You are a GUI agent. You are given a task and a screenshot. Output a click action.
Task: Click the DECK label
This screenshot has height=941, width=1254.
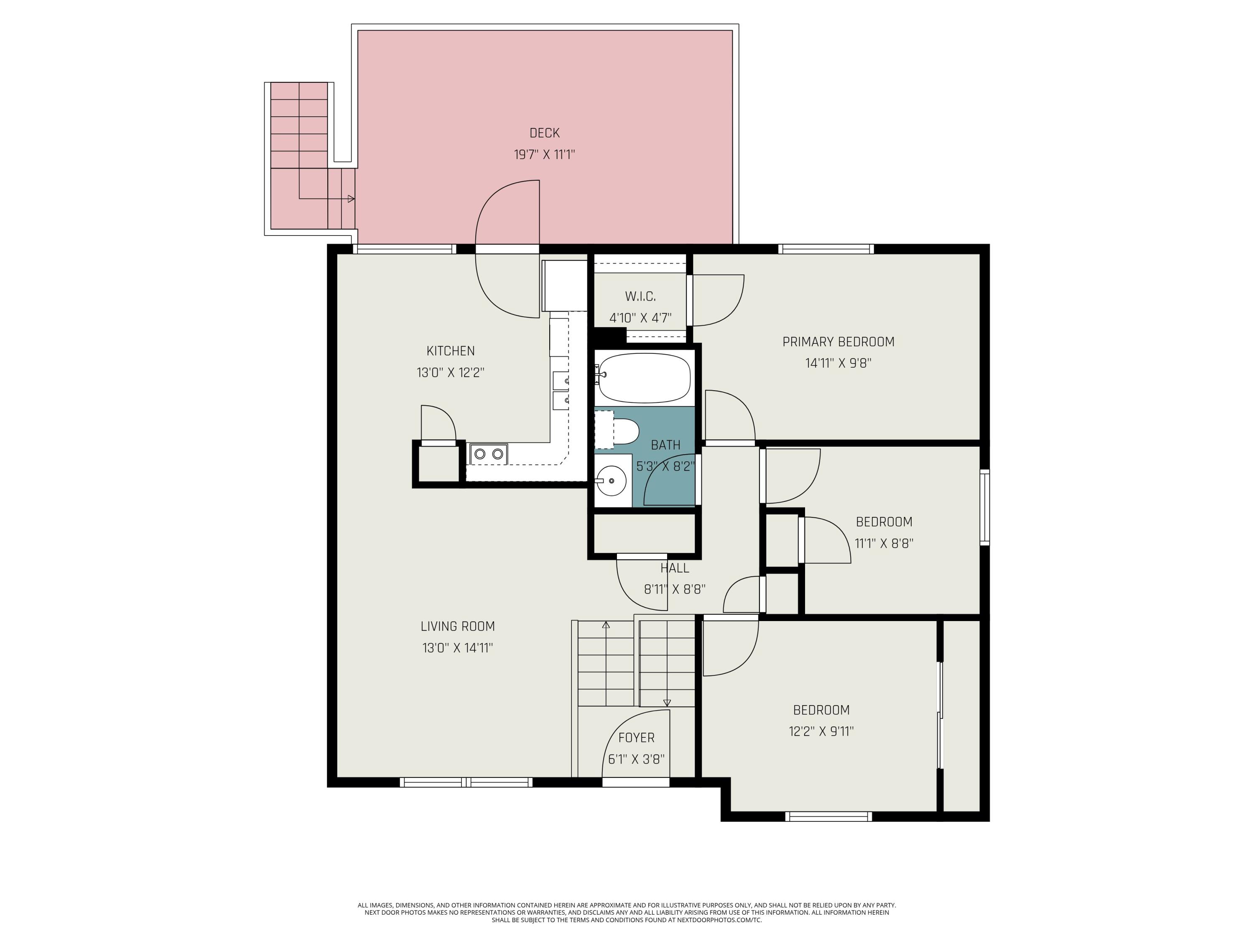[x=544, y=133]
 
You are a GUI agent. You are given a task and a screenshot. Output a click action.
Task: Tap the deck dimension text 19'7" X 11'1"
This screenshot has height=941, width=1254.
[x=544, y=154]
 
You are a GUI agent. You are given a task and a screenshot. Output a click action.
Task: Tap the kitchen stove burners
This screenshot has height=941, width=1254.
[x=488, y=454]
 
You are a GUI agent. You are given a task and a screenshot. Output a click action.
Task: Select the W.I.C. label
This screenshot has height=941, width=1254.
[x=640, y=296]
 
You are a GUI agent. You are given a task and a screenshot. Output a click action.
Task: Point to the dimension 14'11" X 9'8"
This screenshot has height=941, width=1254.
[x=838, y=363]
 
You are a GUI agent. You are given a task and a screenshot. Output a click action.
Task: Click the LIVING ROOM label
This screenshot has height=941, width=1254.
[x=457, y=626]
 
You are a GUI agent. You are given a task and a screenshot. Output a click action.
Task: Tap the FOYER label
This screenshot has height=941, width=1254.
[x=636, y=737]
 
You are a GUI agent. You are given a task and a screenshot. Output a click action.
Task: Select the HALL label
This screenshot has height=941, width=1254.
[x=675, y=568]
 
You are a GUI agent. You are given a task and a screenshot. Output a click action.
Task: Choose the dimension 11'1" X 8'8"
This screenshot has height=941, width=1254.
[x=884, y=543]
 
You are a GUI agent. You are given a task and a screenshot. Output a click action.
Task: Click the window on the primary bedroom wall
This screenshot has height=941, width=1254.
[x=826, y=248]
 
